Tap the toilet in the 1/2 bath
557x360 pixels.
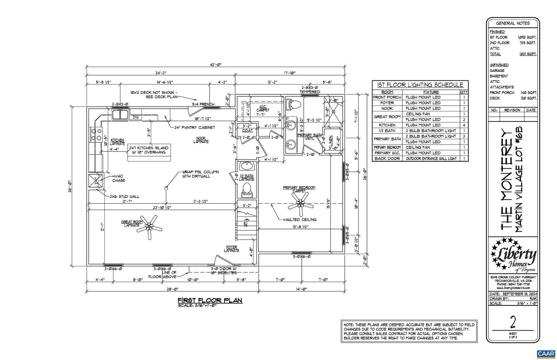(x=246, y=190)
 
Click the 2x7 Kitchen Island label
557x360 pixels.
(x=149, y=150)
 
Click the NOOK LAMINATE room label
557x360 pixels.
(x=201, y=140)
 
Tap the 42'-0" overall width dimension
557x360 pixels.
(x=215, y=65)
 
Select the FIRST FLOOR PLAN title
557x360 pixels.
(x=210, y=300)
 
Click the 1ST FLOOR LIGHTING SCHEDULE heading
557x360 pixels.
(x=420, y=85)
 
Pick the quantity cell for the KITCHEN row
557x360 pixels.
(x=464, y=125)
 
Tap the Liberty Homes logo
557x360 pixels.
(x=513, y=256)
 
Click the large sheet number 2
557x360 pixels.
(x=513, y=321)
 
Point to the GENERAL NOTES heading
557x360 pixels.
(x=513, y=23)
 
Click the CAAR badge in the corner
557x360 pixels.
(x=545, y=354)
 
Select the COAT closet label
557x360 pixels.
(x=247, y=131)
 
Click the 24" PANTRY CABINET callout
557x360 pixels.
(x=195, y=127)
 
